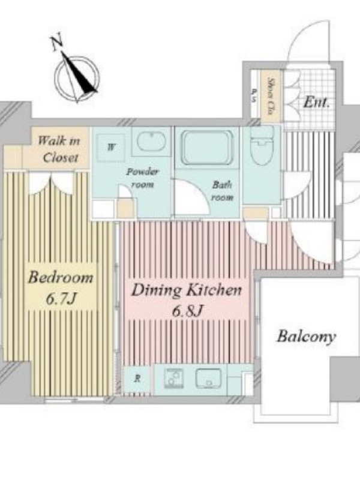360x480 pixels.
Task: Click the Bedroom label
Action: pos(61,277)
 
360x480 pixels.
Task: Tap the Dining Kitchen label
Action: pos(187,290)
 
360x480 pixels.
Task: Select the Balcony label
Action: pos(306,337)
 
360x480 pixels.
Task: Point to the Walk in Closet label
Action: pos(59,149)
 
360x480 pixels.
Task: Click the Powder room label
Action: pos(142,178)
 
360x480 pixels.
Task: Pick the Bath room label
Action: pos(222,191)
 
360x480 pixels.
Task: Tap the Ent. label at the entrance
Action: pos(317,102)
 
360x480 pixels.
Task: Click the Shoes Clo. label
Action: pos(271,96)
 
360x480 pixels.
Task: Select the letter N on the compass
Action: pos(56,43)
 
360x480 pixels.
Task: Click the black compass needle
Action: pos(80,73)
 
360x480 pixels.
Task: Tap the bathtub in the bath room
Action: pos(207,147)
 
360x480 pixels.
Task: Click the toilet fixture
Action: pos(262,145)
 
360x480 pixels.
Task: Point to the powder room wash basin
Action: pos(151,141)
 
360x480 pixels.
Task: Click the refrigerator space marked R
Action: pos(137,379)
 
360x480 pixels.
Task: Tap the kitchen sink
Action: pos(208,379)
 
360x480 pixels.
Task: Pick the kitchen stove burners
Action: pos(173,379)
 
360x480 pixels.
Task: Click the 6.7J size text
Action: pos(61,298)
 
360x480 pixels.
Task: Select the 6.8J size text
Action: pos(187,311)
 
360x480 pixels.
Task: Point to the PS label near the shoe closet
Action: pos(254,95)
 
